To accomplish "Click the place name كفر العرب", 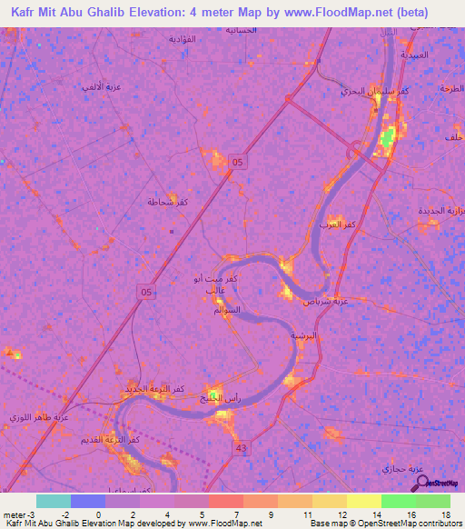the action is coord(337,223).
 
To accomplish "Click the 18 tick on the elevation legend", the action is coord(445,514).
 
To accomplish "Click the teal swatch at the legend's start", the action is coord(53,501).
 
